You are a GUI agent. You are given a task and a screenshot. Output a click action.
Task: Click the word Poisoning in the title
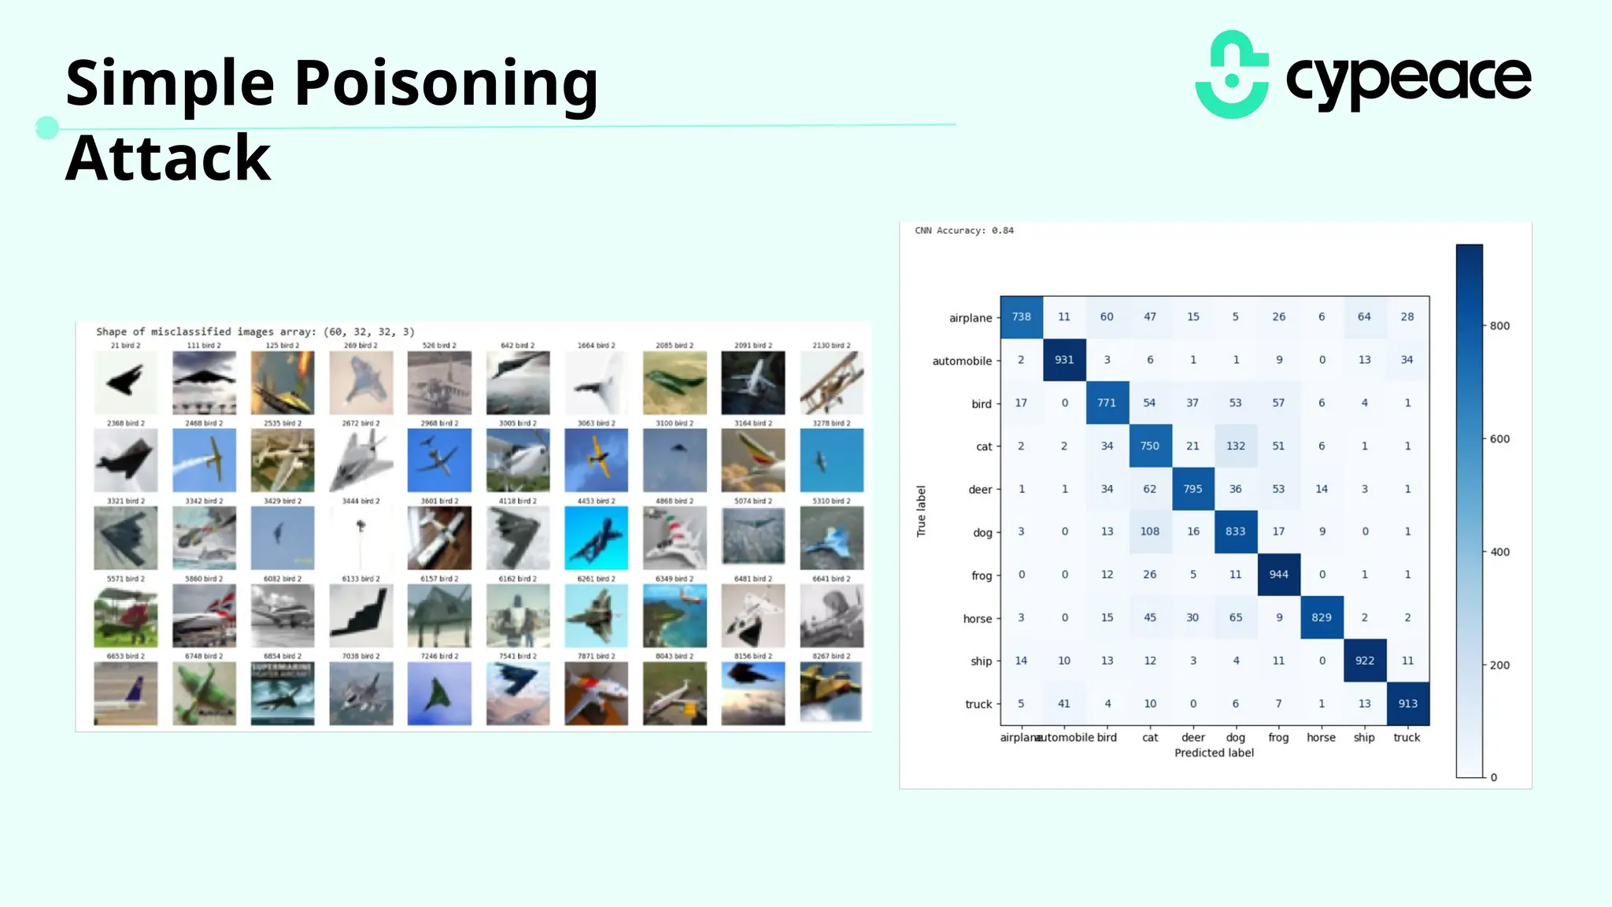point(446,83)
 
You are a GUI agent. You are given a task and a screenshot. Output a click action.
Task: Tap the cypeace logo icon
point(1232,75)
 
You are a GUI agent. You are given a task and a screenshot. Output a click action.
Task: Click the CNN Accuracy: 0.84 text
point(964,231)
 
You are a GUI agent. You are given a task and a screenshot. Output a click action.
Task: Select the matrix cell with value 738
point(1021,317)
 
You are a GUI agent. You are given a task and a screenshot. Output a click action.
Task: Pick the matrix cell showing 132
point(1235,446)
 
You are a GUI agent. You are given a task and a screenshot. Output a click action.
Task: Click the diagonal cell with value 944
point(1278,575)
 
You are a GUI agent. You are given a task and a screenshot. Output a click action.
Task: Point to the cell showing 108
point(1149,531)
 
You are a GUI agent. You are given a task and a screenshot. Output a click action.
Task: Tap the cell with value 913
point(1407,704)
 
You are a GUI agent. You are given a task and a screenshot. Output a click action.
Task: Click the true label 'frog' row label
point(981,576)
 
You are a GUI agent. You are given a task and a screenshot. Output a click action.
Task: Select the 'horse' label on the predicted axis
point(1321,738)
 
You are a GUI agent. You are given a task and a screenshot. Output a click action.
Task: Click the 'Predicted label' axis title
point(1214,753)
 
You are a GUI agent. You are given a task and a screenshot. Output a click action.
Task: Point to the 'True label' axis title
point(921,511)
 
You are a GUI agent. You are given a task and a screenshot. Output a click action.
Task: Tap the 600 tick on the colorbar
point(1499,439)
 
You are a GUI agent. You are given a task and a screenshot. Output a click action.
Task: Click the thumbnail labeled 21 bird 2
point(125,383)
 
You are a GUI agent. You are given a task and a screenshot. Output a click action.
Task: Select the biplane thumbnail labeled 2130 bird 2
point(831,383)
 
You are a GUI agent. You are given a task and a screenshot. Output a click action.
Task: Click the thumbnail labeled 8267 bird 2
point(831,693)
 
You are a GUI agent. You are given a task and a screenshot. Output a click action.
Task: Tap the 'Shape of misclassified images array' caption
point(255,331)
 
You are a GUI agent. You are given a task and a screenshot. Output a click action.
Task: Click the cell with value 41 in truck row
point(1063,704)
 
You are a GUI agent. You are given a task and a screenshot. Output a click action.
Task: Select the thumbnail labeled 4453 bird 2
point(596,538)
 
